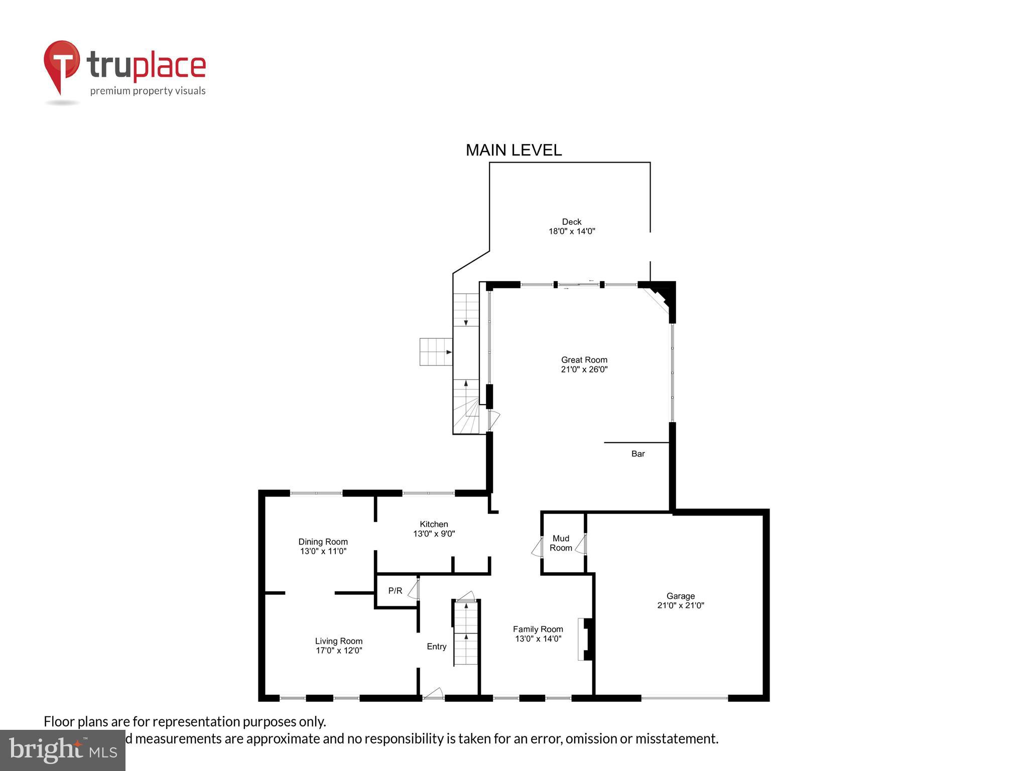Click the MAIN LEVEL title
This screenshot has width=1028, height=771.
(x=513, y=150)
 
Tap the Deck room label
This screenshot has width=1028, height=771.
(x=571, y=222)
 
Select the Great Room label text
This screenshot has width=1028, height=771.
(x=584, y=360)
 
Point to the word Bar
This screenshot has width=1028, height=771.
(x=637, y=454)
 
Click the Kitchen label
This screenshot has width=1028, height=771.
(x=434, y=524)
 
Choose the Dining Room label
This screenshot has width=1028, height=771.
(x=323, y=542)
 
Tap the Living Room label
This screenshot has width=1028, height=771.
(x=338, y=641)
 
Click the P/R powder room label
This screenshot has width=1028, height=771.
(x=395, y=591)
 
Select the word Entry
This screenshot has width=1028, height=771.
(x=436, y=647)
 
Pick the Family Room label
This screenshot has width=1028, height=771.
(x=538, y=629)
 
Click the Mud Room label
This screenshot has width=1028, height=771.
(x=561, y=543)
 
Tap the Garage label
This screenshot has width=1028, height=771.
(x=680, y=596)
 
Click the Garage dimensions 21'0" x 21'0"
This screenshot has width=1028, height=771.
(x=680, y=605)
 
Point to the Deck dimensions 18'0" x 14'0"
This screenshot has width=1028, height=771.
(x=571, y=231)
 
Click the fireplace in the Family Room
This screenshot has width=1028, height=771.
(x=586, y=639)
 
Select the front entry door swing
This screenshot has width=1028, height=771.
(x=433, y=693)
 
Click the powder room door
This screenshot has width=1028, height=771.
(x=414, y=589)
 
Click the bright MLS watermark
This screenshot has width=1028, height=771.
(x=62, y=750)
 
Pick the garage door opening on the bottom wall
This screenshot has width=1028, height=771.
(x=684, y=698)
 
